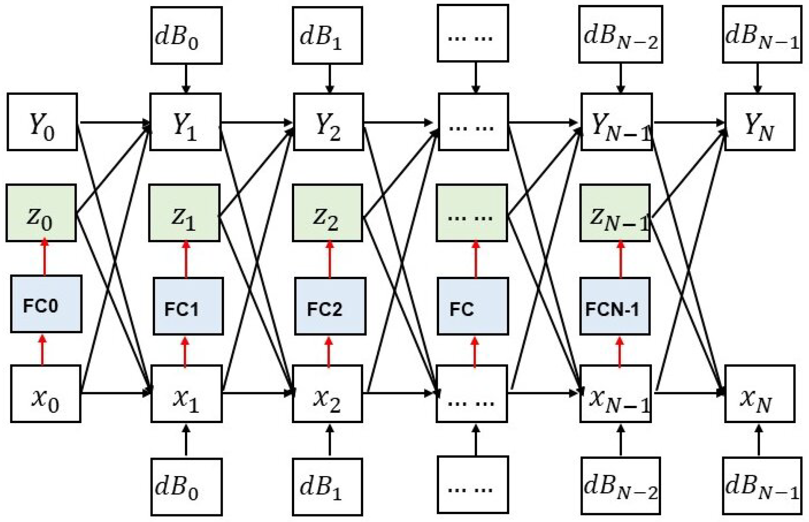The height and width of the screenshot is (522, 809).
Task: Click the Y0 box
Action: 42,122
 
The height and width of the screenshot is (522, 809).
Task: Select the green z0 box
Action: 41,213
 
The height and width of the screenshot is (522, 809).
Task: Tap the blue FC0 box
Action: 46,304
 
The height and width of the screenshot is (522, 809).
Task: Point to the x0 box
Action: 45,394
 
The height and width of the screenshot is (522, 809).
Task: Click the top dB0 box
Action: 186,35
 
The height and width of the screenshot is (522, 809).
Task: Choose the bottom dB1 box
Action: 327,487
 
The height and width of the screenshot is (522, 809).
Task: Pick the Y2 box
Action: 328,122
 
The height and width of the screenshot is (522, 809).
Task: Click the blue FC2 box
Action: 330,306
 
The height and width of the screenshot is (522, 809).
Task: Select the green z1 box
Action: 184,213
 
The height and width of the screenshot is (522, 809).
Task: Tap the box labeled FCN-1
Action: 615,306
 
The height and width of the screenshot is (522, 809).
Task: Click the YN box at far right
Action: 759,122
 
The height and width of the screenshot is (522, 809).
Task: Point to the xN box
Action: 759,394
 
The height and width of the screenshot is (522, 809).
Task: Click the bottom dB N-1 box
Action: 762,486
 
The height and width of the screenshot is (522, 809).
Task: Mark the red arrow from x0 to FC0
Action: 42,350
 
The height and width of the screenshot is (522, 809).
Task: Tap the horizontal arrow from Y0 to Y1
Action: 114,122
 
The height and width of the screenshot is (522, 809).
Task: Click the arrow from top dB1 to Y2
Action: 330,78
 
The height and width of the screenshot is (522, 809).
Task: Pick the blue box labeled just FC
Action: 472,306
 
